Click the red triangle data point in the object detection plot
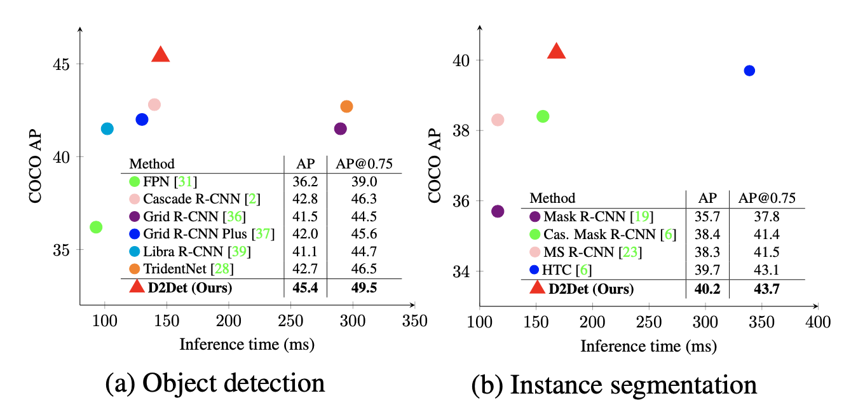161,55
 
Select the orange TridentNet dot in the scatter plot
346,106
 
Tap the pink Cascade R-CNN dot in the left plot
154,104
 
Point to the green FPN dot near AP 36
96,227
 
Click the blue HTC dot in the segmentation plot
749,71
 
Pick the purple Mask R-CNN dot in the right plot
498,211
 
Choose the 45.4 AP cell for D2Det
305,288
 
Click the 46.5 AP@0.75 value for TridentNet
364,270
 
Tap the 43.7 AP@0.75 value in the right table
766,289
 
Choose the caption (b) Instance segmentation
614,385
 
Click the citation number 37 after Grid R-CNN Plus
264,234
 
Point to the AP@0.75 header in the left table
364,164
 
